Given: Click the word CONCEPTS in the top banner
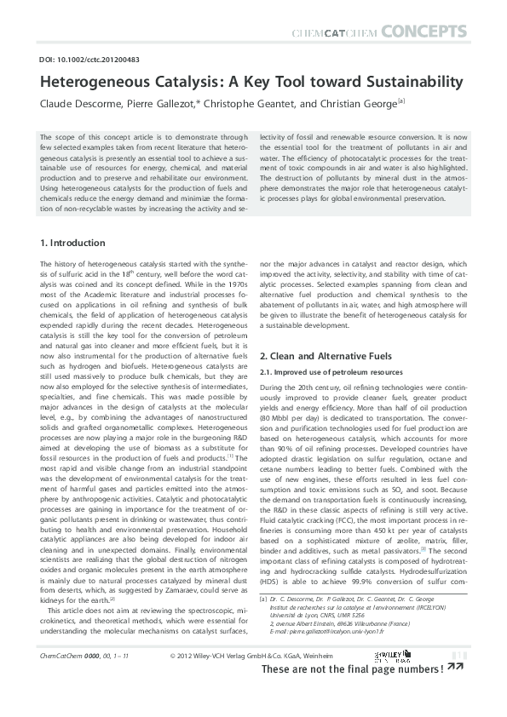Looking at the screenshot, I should point(423,32).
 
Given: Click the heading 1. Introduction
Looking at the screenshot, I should point(73,243).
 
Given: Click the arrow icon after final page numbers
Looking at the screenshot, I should point(455,692).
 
